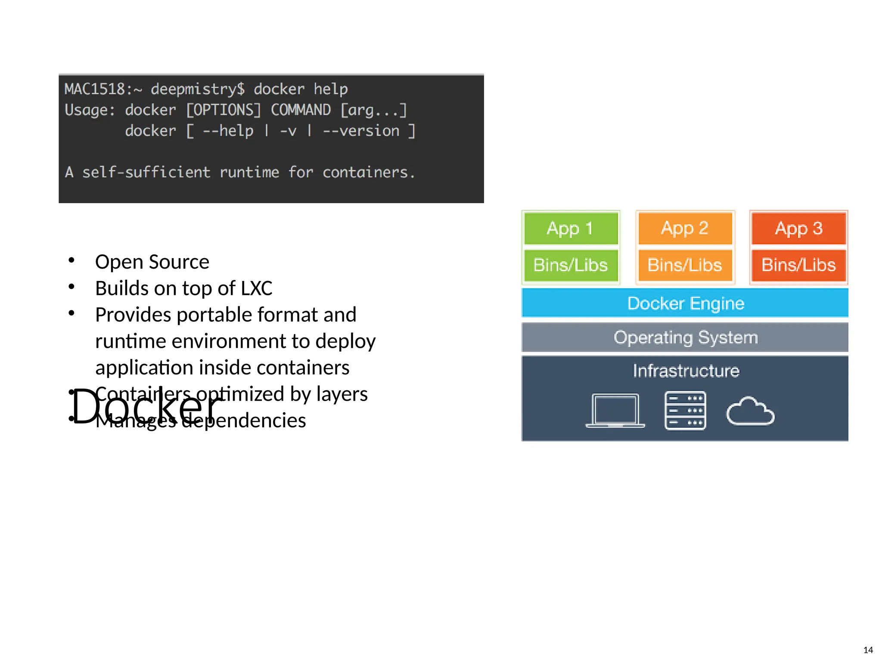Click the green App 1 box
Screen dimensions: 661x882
coord(571,228)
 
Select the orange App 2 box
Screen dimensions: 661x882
coord(685,228)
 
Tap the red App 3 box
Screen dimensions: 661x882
coord(798,228)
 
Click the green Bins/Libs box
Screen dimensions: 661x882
coord(571,265)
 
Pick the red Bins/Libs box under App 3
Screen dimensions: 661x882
coord(798,265)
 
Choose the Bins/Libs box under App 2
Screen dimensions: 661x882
coord(685,265)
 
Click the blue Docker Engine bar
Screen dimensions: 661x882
coord(685,303)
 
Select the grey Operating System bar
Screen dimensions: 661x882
coord(685,337)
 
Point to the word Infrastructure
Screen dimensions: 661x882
coord(686,371)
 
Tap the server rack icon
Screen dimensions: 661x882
coord(685,411)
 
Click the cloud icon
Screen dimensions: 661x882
coord(750,412)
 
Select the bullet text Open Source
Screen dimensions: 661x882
coord(152,262)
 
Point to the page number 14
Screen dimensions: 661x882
coord(868,650)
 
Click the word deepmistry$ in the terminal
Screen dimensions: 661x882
coord(198,89)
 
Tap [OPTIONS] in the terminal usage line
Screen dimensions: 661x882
coord(223,110)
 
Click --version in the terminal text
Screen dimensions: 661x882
coord(361,131)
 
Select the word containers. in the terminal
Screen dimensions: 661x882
coord(369,173)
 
